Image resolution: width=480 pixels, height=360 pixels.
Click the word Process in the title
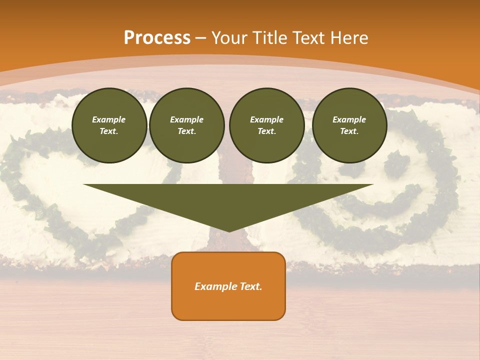click(x=157, y=38)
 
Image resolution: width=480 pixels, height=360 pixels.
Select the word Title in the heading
click(x=272, y=38)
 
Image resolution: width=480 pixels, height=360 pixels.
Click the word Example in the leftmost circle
click(x=109, y=119)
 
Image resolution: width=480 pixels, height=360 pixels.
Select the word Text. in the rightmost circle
click(x=349, y=131)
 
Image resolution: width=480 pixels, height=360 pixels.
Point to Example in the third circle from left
click(x=266, y=119)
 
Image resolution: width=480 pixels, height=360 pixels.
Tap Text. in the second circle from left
click(x=186, y=131)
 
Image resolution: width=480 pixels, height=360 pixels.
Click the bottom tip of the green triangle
click(x=229, y=230)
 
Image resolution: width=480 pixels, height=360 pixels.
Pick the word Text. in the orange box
click(x=251, y=286)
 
